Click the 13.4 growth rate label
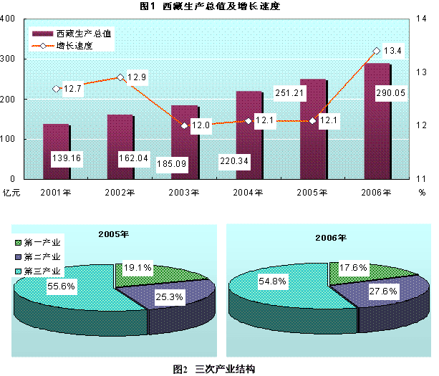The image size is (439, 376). coord(392,51)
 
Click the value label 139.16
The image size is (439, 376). coord(65,158)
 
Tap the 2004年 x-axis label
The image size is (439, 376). coord(249,192)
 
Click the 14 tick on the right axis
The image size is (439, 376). coord(423,19)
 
